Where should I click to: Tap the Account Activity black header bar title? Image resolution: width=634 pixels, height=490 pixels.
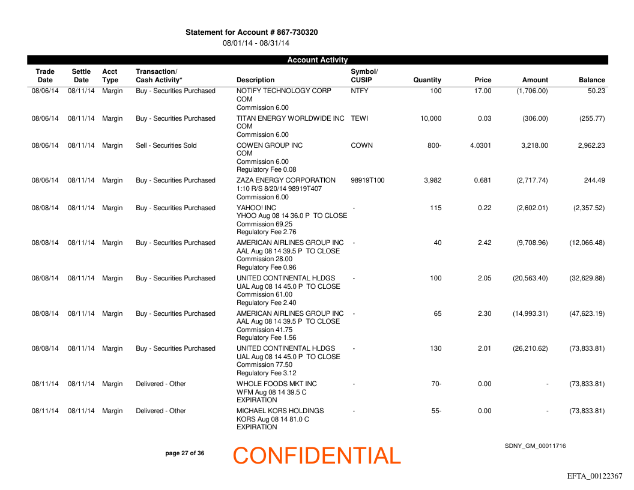pyautogui.click(x=318, y=60)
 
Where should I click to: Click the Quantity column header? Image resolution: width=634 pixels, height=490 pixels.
pyautogui.click(x=427, y=80)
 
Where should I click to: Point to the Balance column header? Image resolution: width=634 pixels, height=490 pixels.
pyautogui.click(x=591, y=80)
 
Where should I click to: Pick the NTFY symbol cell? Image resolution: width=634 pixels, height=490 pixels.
pyautogui.click(x=360, y=91)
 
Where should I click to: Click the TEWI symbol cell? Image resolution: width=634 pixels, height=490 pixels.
pyautogui.click(x=360, y=118)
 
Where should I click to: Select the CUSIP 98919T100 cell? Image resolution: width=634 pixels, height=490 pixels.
pyautogui.click(x=367, y=180)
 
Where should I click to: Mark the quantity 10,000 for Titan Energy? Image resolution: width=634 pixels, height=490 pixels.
pyautogui.click(x=430, y=118)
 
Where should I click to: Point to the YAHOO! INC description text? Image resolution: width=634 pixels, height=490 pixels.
pyautogui.click(x=256, y=208)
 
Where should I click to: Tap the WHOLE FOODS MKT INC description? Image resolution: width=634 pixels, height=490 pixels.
pyautogui.click(x=277, y=384)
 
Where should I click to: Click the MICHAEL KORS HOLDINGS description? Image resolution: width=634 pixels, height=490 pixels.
pyautogui.click(x=280, y=411)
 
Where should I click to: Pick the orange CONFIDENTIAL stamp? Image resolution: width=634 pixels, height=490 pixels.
pyautogui.click(x=316, y=456)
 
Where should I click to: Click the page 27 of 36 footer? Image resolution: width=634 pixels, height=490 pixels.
pyautogui.click(x=184, y=453)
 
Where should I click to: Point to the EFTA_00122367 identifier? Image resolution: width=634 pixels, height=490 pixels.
pyautogui.click(x=594, y=476)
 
